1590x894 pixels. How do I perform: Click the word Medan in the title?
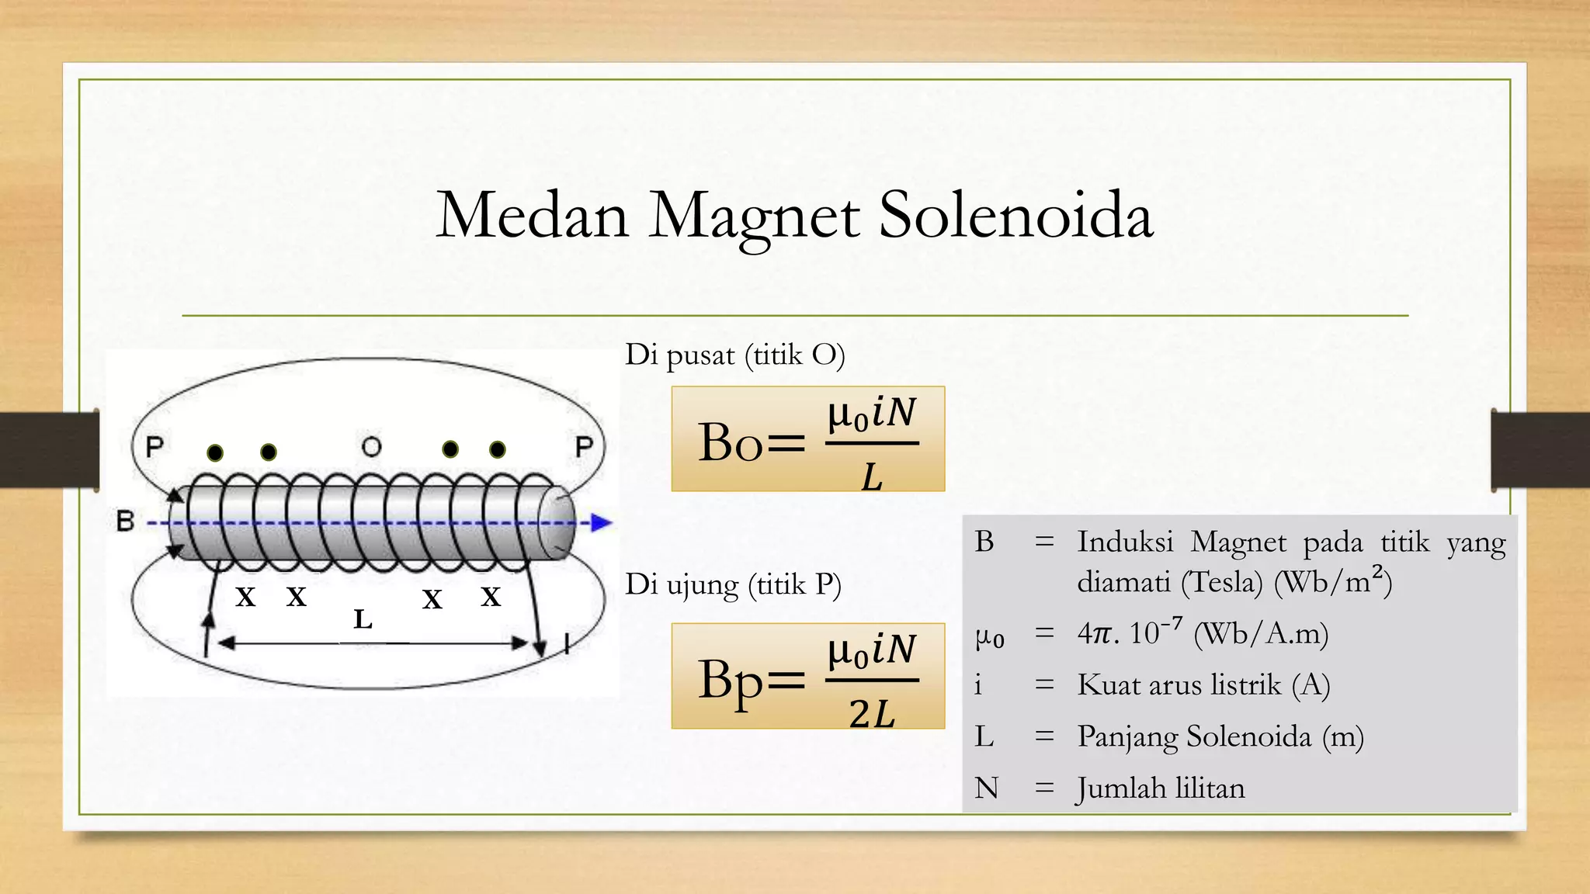click(533, 215)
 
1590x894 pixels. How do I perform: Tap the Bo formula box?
click(807, 439)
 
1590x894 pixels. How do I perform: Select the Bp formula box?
click(807, 676)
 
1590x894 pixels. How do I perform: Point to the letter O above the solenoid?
click(372, 447)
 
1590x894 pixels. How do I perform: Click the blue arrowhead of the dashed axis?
click(602, 523)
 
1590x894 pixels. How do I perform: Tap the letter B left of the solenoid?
click(125, 521)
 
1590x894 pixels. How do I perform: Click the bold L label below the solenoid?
click(363, 619)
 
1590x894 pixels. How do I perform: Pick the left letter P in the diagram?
click(154, 447)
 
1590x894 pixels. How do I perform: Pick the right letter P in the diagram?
click(584, 447)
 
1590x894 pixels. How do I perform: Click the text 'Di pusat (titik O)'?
click(734, 355)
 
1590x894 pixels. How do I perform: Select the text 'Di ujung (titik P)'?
click(733, 584)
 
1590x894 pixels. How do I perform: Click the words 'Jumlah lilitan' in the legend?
click(1161, 788)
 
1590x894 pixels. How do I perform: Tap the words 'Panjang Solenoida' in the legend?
click(1194, 736)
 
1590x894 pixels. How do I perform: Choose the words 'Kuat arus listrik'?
click(1179, 685)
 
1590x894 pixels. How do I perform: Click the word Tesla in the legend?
click(1222, 582)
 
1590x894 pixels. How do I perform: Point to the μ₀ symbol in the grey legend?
click(989, 637)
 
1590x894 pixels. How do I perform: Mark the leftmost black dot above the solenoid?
click(215, 452)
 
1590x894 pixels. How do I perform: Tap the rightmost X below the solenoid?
click(491, 597)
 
